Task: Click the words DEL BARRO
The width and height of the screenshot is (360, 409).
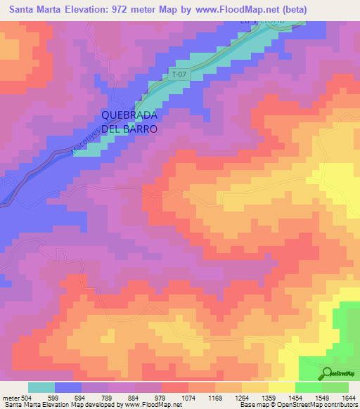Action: click(129, 130)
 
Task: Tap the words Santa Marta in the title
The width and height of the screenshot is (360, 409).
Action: click(36, 8)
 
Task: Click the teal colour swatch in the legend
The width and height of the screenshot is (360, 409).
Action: click(41, 387)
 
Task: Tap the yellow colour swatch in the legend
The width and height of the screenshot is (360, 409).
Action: click(281, 387)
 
